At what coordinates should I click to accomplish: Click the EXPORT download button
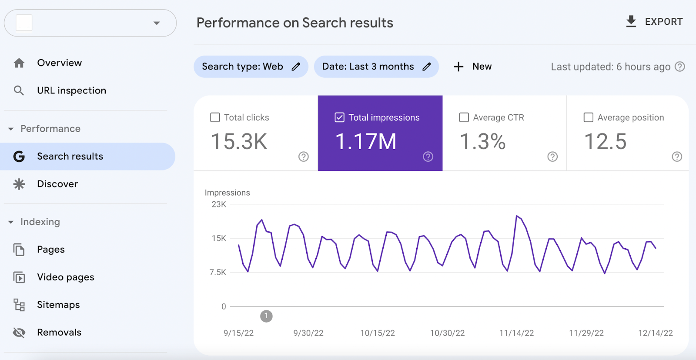pyautogui.click(x=654, y=21)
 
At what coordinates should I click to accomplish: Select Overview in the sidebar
pyautogui.click(x=59, y=63)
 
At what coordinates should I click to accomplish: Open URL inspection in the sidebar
pyautogui.click(x=71, y=90)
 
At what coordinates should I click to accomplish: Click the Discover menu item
pyautogui.click(x=57, y=184)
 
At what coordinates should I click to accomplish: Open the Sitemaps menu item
pyautogui.click(x=58, y=305)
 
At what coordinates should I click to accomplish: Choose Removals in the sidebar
pyautogui.click(x=59, y=333)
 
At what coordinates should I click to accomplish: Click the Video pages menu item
pyautogui.click(x=65, y=277)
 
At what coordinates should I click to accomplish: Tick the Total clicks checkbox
pyautogui.click(x=215, y=117)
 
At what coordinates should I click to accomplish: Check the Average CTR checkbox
pyautogui.click(x=464, y=117)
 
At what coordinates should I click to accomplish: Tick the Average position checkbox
pyautogui.click(x=589, y=117)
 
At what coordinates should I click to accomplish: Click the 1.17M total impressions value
pyautogui.click(x=366, y=142)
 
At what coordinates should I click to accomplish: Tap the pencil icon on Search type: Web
pyautogui.click(x=296, y=67)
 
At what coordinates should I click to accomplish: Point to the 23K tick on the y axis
pyautogui.click(x=219, y=204)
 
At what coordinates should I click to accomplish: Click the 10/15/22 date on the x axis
pyautogui.click(x=378, y=333)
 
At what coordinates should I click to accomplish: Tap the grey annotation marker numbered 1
pyautogui.click(x=266, y=316)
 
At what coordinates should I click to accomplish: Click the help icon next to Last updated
pyautogui.click(x=679, y=67)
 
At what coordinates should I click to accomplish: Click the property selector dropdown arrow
pyautogui.click(x=157, y=23)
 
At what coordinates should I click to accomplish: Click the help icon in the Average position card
pyautogui.click(x=677, y=157)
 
